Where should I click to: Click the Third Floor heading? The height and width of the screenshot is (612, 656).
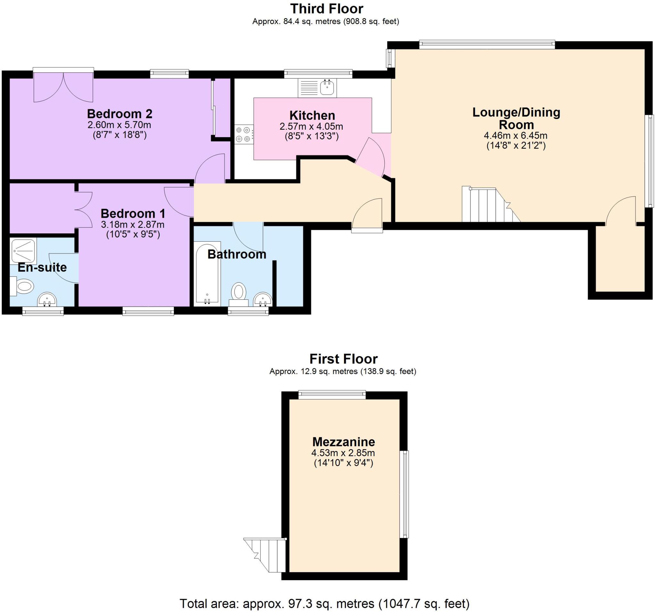coord(326,9)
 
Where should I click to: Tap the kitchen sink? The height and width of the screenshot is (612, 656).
coord(326,88)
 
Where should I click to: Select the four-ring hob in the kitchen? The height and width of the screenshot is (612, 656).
coord(243,134)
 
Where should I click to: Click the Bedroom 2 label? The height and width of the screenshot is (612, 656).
coord(119,113)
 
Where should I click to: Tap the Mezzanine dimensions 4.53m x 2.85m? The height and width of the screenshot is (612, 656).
coord(343,453)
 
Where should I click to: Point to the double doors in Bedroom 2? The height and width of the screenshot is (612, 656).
coord(63,87)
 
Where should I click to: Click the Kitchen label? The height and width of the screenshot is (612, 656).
coord(312,115)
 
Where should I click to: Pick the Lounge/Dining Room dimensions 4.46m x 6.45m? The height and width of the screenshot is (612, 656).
coord(515,135)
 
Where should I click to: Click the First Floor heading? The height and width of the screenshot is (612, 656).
coord(343,359)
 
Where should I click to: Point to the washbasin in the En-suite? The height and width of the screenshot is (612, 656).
coord(47,300)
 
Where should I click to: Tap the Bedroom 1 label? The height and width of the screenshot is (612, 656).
coord(133,214)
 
